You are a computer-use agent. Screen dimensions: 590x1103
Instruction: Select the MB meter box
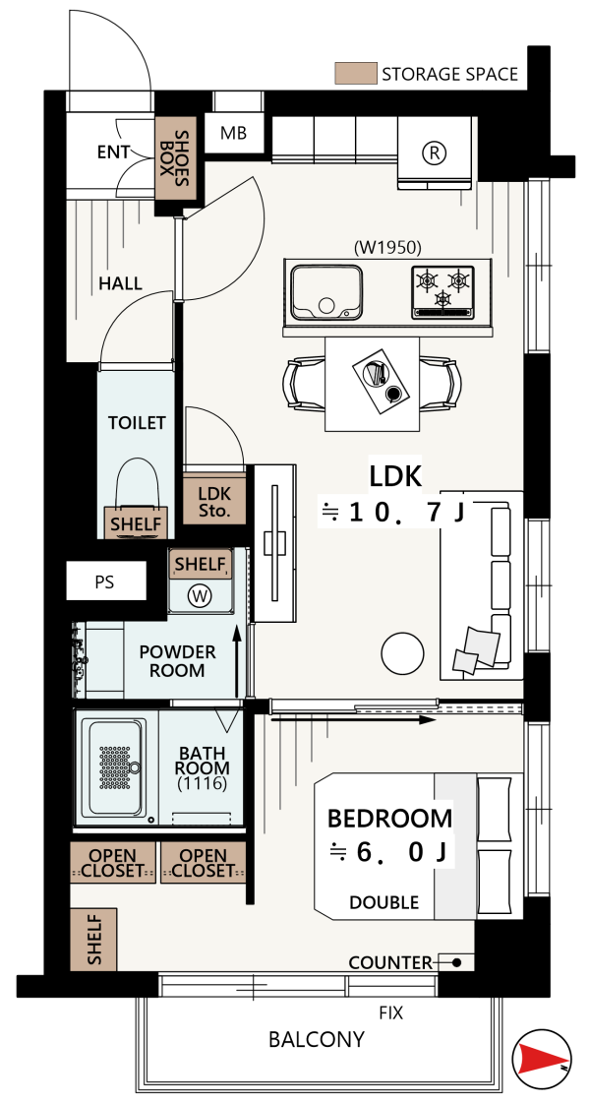[234, 132]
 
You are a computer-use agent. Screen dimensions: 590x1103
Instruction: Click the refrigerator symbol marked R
[434, 152]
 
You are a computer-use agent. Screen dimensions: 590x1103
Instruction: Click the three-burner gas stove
[443, 289]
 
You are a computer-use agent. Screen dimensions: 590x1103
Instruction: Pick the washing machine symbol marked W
[201, 596]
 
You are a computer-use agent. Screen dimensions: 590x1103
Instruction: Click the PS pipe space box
[106, 582]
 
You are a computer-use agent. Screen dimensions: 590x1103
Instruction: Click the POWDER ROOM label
[177, 660]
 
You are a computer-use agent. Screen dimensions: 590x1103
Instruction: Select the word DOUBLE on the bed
[383, 902]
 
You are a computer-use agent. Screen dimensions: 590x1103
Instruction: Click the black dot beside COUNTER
[456, 962]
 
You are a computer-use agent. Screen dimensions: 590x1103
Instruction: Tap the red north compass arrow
[542, 1055]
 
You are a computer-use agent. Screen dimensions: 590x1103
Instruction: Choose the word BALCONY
[317, 1039]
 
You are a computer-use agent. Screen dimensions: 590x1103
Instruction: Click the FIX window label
[391, 1012]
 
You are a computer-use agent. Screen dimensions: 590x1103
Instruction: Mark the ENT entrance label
[113, 152]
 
